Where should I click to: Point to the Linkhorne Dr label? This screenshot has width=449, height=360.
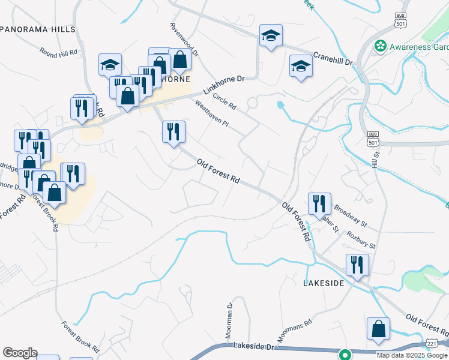[224, 86]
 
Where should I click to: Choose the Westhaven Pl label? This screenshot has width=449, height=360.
[212, 114]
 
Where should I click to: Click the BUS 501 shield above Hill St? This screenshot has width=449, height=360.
[372, 138]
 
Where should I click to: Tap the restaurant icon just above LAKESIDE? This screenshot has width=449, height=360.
[357, 265]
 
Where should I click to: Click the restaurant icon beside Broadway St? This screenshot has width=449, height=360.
[319, 203]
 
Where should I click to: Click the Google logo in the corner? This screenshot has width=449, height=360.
[20, 353]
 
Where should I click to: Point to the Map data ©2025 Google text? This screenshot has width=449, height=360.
[411, 355]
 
